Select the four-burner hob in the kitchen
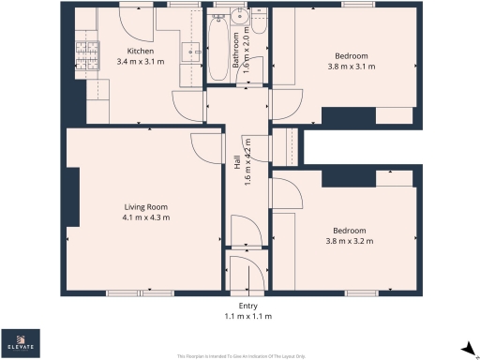click(86, 54)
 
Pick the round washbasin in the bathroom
click(242, 16)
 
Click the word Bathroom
click(237, 61)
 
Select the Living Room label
click(145, 206)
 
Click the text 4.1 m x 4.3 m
click(145, 217)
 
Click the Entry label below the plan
click(247, 307)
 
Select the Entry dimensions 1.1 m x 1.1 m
click(247, 317)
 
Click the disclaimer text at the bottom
click(240, 356)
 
